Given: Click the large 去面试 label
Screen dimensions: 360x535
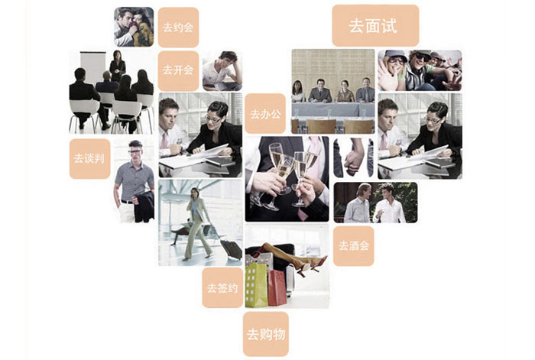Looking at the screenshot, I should [374, 25].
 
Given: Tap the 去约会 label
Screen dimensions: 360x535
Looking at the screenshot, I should [178, 27].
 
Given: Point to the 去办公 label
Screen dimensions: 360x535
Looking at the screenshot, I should [265, 113].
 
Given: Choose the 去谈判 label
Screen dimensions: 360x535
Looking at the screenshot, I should [89, 158].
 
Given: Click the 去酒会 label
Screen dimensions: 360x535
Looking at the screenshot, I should [353, 245].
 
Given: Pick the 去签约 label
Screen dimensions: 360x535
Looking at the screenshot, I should [222, 287].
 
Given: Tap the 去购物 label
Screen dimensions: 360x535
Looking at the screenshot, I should [265, 333].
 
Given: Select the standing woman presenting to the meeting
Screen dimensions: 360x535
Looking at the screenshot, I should [117, 67].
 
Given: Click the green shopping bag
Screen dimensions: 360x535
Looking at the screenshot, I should [256, 283].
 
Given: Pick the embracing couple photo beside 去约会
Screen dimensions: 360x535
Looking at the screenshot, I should [134, 27].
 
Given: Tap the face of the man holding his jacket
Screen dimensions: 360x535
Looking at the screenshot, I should [135, 151].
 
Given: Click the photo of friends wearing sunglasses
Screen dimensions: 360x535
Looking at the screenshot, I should [419, 70].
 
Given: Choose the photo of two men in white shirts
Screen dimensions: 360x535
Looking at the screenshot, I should [374, 203].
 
